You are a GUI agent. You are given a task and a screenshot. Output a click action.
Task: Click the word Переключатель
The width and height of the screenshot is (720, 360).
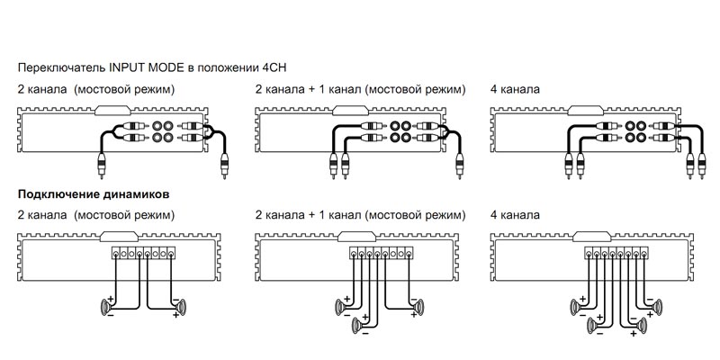(60, 67)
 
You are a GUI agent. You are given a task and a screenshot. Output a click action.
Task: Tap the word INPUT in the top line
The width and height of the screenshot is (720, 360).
(127, 67)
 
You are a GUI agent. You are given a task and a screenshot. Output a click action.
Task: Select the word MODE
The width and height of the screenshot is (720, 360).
(167, 67)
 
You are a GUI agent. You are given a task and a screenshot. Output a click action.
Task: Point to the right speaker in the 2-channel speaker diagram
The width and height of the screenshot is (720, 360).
(180, 309)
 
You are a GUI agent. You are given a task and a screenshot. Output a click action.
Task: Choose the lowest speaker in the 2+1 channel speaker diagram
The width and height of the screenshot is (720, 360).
(359, 325)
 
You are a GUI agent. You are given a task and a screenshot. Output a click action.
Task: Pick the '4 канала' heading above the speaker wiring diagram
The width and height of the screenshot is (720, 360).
(516, 216)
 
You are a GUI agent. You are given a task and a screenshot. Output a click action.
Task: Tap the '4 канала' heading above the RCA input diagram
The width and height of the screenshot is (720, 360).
(516, 91)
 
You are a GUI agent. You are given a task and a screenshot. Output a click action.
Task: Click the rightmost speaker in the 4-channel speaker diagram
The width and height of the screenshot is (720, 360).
(656, 309)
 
